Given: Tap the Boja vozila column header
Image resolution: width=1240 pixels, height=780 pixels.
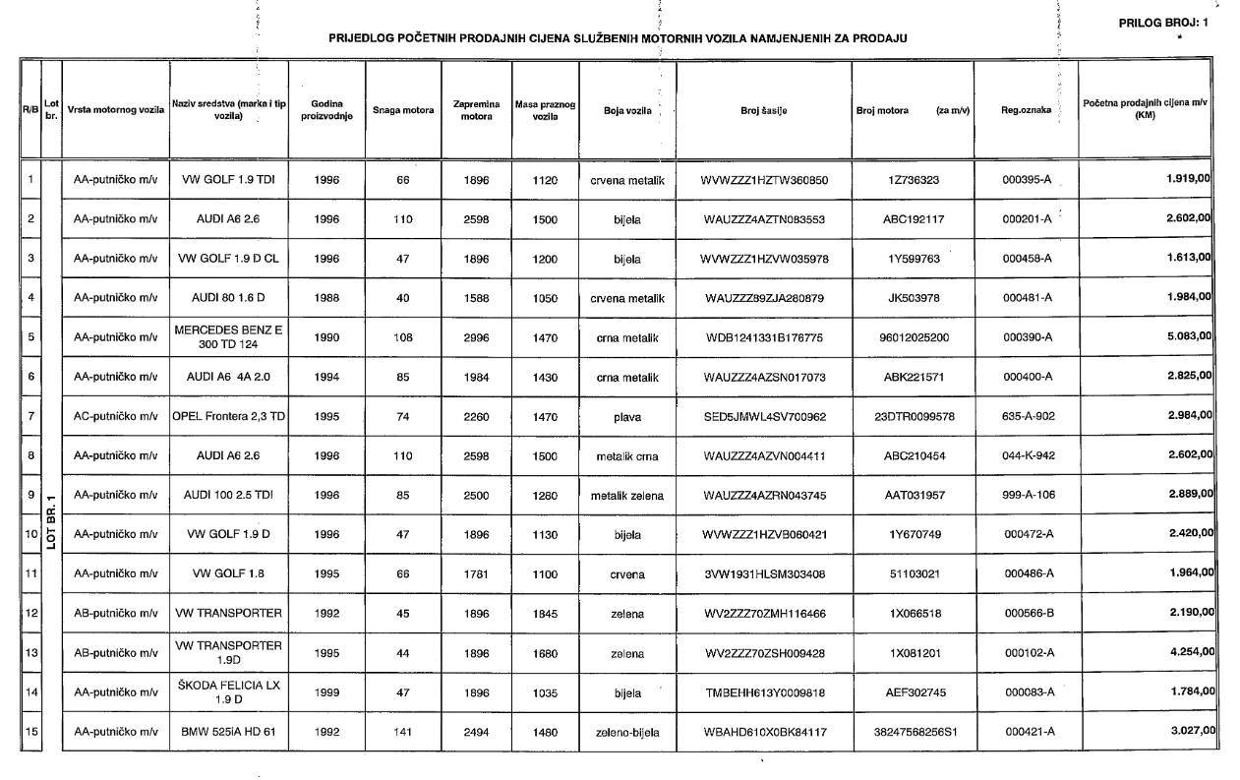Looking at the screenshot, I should point(627,110).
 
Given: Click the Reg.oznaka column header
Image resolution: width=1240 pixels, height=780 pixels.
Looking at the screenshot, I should point(1026,110).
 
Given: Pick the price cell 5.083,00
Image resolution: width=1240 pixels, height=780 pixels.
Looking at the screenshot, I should point(1188,336).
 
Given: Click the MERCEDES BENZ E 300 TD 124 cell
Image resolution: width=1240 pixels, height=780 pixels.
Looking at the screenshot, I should point(228,337).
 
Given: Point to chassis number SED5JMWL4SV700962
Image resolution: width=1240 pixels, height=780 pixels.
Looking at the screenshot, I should point(765,416).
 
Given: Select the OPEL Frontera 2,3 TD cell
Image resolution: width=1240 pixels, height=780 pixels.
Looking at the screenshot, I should point(228,416).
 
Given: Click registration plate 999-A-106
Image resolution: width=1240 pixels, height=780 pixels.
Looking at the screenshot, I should point(1028,495).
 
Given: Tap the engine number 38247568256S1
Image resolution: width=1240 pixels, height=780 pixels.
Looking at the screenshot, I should point(914,732).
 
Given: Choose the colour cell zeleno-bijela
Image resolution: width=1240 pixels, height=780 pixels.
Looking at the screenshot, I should point(627,732).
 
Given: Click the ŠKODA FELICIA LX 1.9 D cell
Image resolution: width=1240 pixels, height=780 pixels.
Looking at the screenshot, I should point(228,692).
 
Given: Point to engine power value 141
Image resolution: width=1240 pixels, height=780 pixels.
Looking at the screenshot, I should point(402,732).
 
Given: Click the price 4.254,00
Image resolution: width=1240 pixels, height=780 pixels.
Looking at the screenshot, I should point(1188,653).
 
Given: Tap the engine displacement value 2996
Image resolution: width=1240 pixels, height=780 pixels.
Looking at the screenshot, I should point(477,337).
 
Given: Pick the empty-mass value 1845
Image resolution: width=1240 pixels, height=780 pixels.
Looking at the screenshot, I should point(545,614).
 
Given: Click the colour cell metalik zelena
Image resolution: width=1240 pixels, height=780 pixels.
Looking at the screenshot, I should point(627,495).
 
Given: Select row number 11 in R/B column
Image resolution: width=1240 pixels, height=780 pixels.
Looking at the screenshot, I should point(31,573).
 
